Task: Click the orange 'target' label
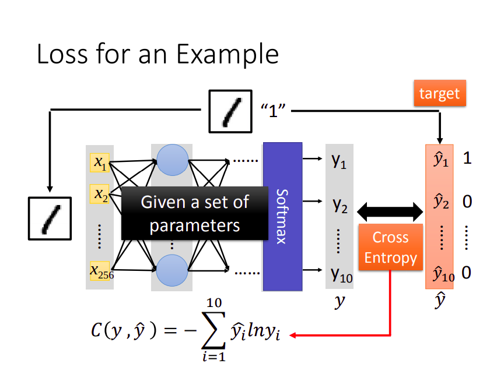pyautogui.click(x=440, y=93)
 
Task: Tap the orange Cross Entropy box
pyautogui.click(x=390, y=247)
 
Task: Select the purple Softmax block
pyautogui.click(x=282, y=217)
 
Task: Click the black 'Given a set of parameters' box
pyautogui.click(x=195, y=213)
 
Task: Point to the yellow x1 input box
pyautogui.click(x=100, y=163)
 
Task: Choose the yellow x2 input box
pyautogui.click(x=100, y=193)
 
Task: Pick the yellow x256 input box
pyautogui.click(x=100, y=271)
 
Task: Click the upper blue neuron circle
pyautogui.click(x=173, y=160)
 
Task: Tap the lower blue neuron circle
pyautogui.click(x=172, y=270)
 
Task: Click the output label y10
pyautogui.click(x=341, y=274)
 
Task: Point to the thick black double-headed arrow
pyautogui.click(x=390, y=211)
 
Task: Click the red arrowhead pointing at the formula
pyautogui.click(x=293, y=335)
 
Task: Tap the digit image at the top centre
pyautogui.click(x=230, y=111)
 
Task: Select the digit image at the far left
pyautogui.click(x=50, y=218)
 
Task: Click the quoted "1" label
pyautogui.click(x=273, y=111)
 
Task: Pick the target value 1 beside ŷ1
pyautogui.click(x=467, y=158)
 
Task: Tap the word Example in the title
pyautogui.click(x=228, y=54)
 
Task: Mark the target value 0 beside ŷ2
pyautogui.click(x=467, y=202)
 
